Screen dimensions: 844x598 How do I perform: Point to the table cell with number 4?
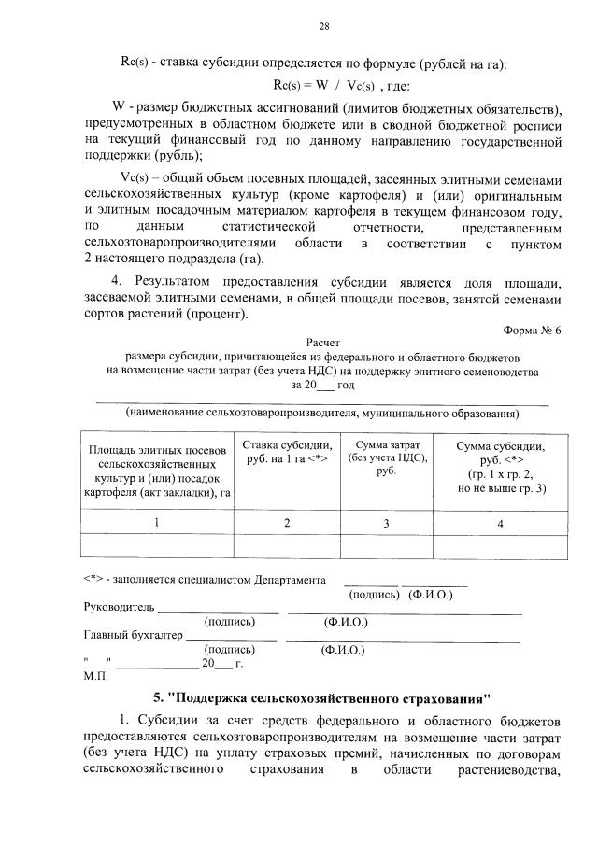click(x=500, y=523)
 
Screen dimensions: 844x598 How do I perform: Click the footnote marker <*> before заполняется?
click(x=93, y=579)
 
